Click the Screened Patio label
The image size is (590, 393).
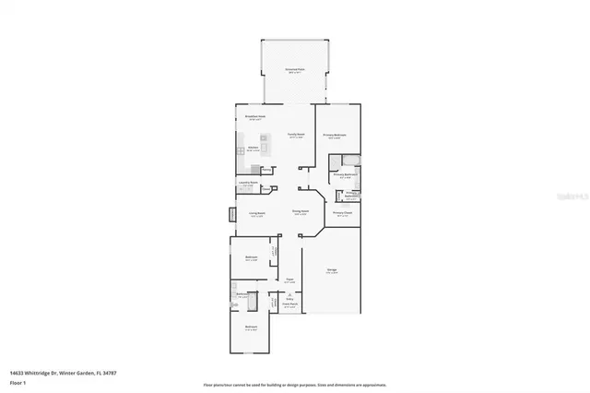pos(295,71)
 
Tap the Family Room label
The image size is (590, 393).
pos(296,136)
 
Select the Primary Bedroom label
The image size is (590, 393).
pos(334,136)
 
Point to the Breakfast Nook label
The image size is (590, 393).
pos(255,117)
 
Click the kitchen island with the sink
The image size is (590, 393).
pos(264,149)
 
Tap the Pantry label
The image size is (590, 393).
pos(266,170)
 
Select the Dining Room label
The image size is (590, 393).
pos(300,212)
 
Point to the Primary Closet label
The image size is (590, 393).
pos(342,213)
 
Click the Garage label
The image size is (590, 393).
pos(331,270)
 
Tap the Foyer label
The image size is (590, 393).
pos(289,280)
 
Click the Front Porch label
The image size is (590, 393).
pos(289,306)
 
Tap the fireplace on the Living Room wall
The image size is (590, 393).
pos(232,214)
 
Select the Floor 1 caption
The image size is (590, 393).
pos(17,381)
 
